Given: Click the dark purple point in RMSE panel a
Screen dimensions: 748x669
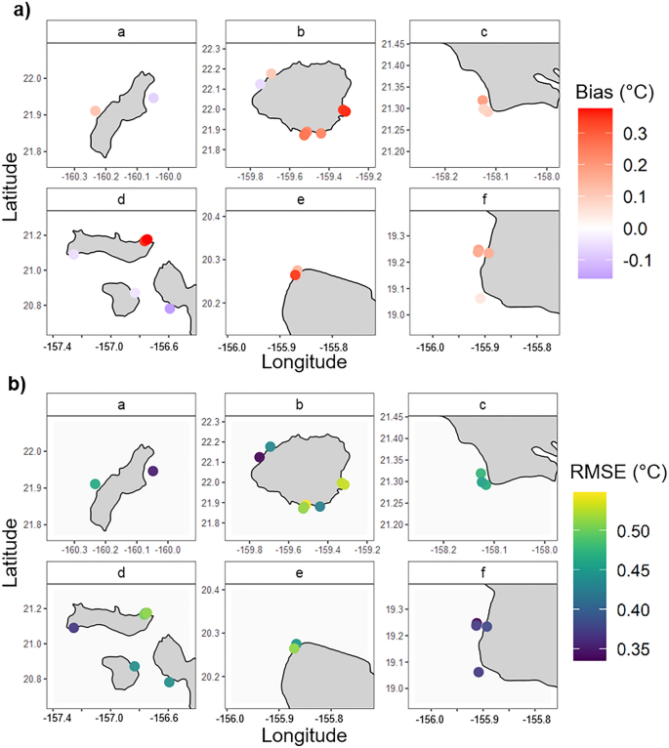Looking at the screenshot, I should (x=152, y=472).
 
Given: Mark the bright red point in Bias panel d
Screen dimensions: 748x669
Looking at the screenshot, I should (x=146, y=240).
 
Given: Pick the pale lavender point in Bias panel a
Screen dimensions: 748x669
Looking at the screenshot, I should (x=153, y=99).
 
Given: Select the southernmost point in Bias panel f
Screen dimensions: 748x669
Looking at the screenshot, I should (x=480, y=299).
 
